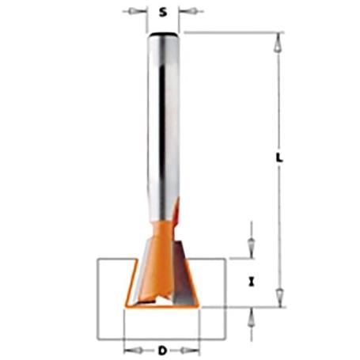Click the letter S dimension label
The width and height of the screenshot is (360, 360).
(x=163, y=12)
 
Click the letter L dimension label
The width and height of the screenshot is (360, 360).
(x=279, y=157)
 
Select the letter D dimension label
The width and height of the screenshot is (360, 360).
(x=162, y=351)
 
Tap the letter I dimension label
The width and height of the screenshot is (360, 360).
(x=252, y=282)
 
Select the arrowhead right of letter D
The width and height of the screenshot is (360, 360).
(x=187, y=351)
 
